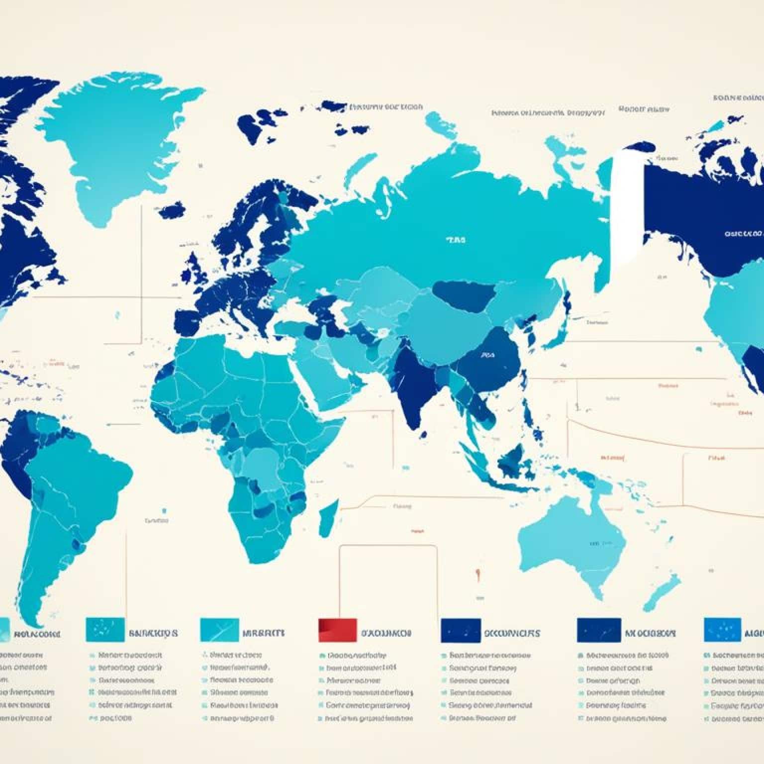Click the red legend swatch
click(337, 630)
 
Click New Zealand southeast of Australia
click(664, 592)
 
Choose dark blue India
click(415, 383)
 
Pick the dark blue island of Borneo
click(512, 460)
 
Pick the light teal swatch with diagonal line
click(219, 630)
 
